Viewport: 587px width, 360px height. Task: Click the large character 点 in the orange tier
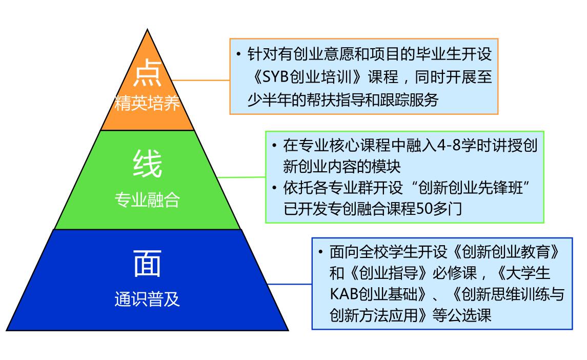(147, 73)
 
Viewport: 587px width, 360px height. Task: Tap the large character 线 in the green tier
(147, 163)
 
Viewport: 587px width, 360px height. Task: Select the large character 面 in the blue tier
(147, 264)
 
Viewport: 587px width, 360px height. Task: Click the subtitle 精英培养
(147, 103)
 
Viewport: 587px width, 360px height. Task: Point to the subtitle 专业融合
(147, 199)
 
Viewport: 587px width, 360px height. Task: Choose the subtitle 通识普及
(147, 299)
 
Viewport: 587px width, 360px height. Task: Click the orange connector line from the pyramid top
(201, 80)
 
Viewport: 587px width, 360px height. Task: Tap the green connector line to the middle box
(241, 177)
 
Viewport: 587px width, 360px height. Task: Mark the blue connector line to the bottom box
(290, 284)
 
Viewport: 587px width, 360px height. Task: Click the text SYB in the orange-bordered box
(275, 77)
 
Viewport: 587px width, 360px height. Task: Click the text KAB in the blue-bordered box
(344, 294)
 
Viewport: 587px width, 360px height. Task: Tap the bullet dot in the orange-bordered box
(238, 54)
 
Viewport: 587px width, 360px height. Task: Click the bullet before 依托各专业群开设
(274, 187)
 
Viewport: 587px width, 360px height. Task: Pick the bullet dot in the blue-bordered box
(321, 252)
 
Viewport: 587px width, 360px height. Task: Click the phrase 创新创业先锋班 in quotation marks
(470, 188)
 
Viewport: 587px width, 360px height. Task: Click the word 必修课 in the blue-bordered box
(454, 273)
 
